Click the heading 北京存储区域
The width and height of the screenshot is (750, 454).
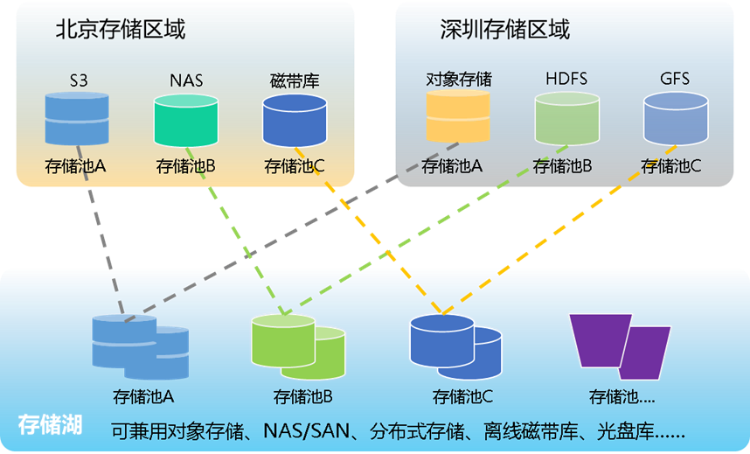coord(120,30)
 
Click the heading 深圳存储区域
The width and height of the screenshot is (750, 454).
coord(504,30)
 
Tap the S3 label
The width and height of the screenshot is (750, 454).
coord(79,80)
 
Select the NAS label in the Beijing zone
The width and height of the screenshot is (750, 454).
coord(185,80)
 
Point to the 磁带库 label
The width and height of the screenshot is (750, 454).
coord(295,81)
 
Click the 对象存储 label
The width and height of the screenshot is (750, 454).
coord(458,80)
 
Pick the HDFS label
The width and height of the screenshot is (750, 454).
coord(566,79)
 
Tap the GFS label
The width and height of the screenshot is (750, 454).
coord(675,79)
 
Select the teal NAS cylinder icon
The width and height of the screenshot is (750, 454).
coord(185,120)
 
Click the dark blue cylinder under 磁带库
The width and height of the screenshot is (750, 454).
coord(295,120)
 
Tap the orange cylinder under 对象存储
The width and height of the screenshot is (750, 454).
coord(458,116)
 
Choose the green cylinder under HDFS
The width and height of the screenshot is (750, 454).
coord(566,118)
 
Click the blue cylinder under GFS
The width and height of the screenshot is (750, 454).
coord(675,118)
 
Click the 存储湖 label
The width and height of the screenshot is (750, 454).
coord(50,425)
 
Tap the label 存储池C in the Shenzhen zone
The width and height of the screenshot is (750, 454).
coord(670,165)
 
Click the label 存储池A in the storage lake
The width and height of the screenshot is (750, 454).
coord(143,397)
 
